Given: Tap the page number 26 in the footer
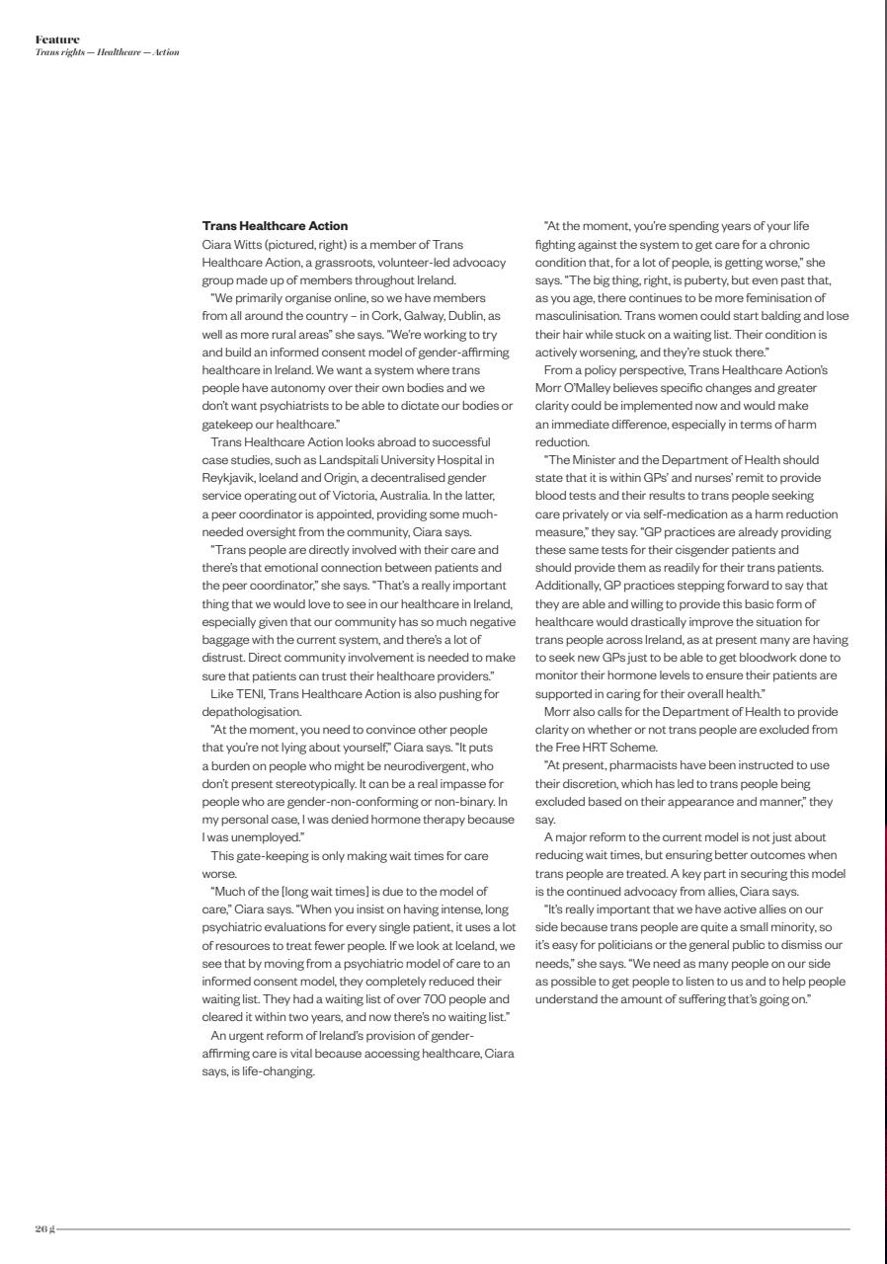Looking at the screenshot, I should (40, 1228).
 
